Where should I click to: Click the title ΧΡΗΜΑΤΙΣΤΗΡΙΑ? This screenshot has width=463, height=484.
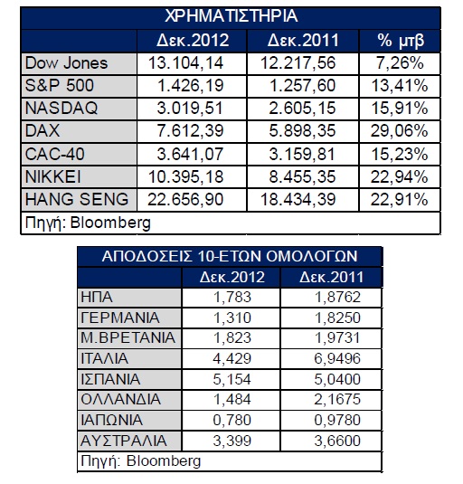[231, 16]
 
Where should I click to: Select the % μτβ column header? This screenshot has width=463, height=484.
[401, 41]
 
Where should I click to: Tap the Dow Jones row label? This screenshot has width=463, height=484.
[66, 63]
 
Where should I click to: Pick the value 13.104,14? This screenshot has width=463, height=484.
[185, 63]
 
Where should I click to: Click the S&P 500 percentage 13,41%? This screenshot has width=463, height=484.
[400, 86]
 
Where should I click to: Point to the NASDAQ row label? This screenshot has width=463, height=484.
[61, 109]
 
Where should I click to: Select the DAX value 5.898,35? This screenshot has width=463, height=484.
[302, 131]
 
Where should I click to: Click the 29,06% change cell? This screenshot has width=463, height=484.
[399, 131]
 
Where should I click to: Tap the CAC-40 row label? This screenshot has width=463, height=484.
[54, 154]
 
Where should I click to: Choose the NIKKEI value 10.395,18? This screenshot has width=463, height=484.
[185, 177]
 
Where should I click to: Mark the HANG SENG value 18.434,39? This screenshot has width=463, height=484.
[298, 199]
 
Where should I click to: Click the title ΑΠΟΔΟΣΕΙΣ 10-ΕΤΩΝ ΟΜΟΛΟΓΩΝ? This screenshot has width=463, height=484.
[230, 257]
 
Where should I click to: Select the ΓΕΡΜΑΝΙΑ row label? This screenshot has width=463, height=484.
[120, 318]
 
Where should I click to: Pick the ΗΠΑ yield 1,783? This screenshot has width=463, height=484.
[232, 298]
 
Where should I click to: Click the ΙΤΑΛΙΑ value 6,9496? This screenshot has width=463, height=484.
[337, 358]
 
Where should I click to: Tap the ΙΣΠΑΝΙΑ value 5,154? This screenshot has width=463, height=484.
[232, 379]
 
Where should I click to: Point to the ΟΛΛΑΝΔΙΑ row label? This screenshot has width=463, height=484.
[120, 400]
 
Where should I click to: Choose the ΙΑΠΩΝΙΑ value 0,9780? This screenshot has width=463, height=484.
[337, 421]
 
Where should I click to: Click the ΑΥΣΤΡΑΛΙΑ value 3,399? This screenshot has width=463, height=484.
[232, 441]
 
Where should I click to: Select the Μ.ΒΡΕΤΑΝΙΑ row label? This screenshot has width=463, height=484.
[128, 338]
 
